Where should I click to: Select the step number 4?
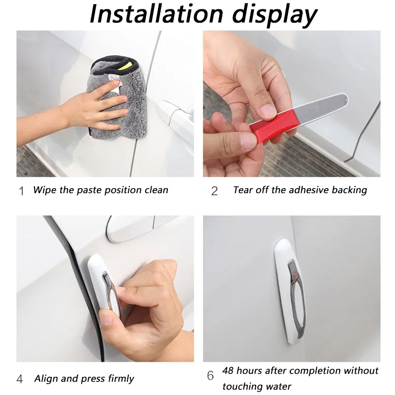click(20, 380)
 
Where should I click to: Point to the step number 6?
click(210, 376)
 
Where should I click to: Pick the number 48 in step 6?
click(229, 370)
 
